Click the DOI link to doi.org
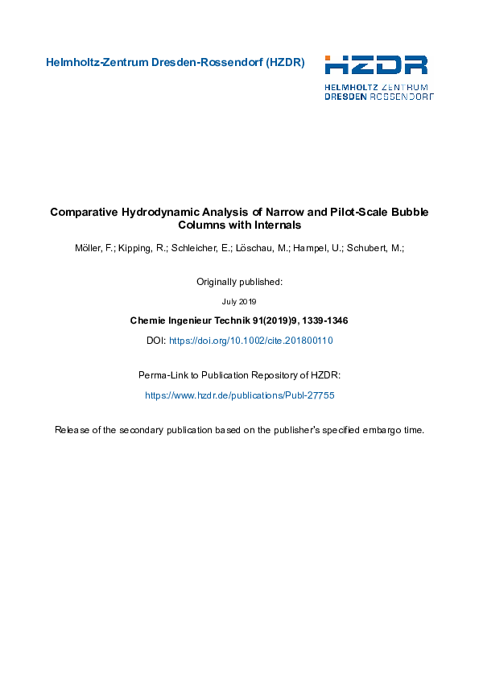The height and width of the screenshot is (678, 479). [250, 341]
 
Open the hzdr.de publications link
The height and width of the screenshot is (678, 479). [239, 395]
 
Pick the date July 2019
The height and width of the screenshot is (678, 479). [239, 302]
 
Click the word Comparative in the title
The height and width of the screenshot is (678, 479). [83, 213]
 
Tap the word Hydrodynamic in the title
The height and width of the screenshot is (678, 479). [161, 213]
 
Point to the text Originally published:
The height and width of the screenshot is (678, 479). [239, 282]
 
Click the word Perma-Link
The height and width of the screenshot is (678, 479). [163, 375]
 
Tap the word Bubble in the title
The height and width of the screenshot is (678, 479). [410, 213]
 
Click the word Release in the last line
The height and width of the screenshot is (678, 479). [71, 430]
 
